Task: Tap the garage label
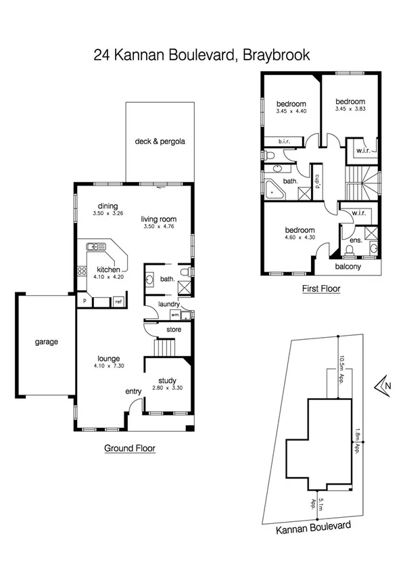pos(46,342)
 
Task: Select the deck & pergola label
pos(160,141)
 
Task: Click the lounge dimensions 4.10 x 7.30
pos(108,366)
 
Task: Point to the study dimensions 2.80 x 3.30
pos(167,389)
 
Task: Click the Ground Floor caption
pos(130,448)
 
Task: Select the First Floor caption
pos(320,288)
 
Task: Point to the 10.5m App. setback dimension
pos(342,369)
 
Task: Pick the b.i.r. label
pos(285,141)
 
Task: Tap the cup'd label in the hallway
pos(316,182)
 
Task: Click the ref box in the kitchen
pos(118,301)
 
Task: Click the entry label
pos(133,392)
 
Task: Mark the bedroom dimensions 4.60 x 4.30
pos(299,238)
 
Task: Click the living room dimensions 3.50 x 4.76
pos(159,227)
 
